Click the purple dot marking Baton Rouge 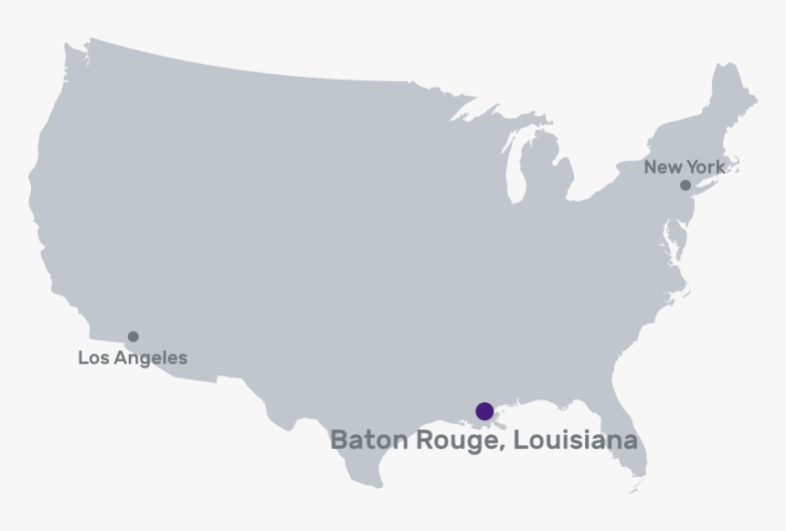(x=484, y=411)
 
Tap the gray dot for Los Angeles (x=133, y=336)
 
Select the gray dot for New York (x=685, y=186)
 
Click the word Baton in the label (x=369, y=440)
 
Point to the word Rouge (x=458, y=441)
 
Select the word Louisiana (x=575, y=440)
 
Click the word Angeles (x=152, y=358)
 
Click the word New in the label (x=663, y=167)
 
